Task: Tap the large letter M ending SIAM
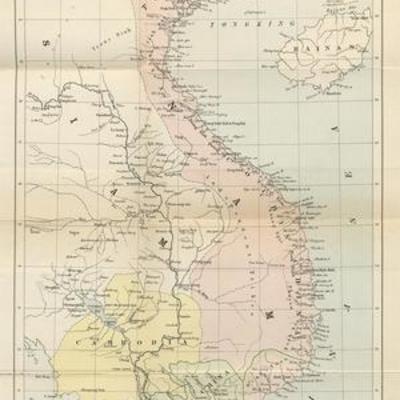(159, 240)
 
